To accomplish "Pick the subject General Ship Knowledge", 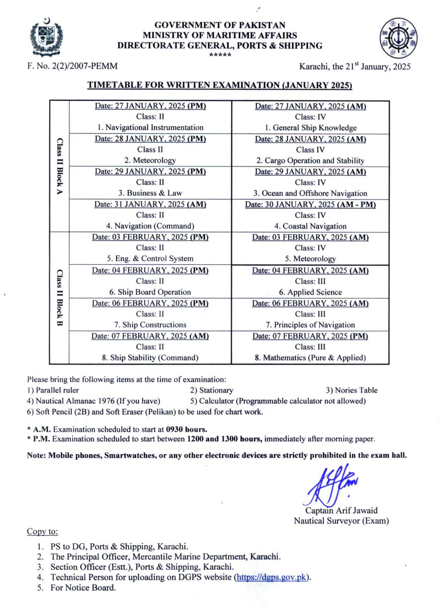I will click(310, 128).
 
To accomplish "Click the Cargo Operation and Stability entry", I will click(310, 160).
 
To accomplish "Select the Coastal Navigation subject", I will click(310, 226).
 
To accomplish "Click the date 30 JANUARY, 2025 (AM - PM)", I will click(310, 204).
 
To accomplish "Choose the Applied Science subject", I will click(310, 292).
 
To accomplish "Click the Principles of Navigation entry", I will click(310, 325).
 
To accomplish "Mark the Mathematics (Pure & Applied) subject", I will click(310, 358).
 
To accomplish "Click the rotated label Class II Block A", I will click(59, 166).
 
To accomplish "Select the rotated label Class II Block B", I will click(59, 298).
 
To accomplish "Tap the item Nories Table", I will click(351, 391).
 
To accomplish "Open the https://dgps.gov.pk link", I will click(271, 577).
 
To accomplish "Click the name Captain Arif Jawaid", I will click(341, 511).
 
